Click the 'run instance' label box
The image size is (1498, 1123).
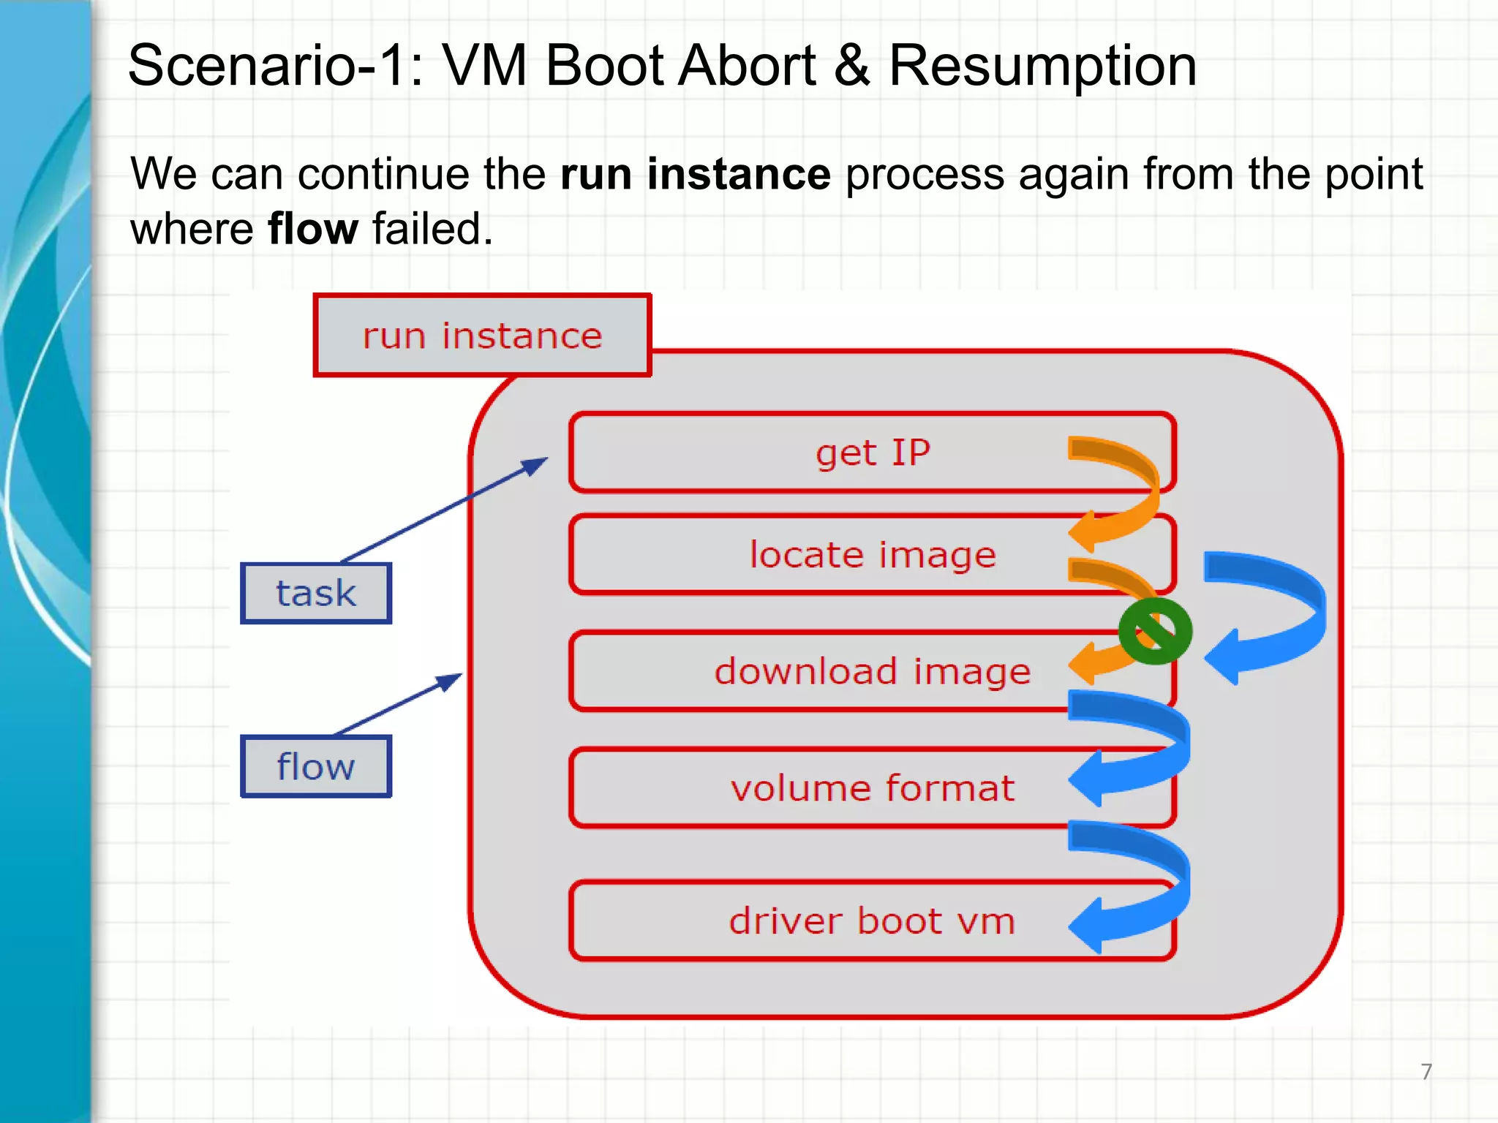point(482,336)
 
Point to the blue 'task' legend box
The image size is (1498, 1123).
point(316,593)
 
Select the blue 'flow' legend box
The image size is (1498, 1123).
point(316,766)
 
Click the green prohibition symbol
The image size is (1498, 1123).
point(1155,631)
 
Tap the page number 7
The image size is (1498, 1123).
point(1426,1071)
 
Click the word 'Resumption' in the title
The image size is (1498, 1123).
point(1042,66)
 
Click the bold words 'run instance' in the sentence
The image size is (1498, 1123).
point(695,174)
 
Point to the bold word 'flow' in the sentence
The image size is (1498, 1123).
point(313,229)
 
